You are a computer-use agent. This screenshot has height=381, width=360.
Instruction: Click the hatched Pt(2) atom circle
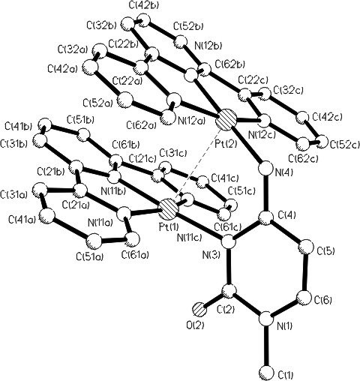coord(227,120)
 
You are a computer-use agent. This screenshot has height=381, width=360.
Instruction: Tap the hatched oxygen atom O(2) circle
coord(199,310)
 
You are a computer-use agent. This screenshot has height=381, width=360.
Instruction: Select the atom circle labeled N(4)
coord(266,169)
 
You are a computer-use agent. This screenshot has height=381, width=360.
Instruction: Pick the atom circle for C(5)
coord(305,247)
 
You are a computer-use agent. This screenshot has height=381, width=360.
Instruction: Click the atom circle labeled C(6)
coord(304,297)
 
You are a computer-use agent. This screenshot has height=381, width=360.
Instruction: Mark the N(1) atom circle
coord(266,319)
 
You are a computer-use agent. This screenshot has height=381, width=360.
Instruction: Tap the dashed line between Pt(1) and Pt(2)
coord(198,163)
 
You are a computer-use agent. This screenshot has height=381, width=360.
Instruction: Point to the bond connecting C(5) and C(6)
coord(305,272)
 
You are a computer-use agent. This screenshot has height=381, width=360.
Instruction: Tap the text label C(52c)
coord(345,145)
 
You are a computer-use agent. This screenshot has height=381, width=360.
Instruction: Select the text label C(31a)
coord(15,193)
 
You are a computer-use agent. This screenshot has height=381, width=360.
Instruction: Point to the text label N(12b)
coord(208,46)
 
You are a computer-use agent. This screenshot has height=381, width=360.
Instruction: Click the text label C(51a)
coord(89,256)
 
